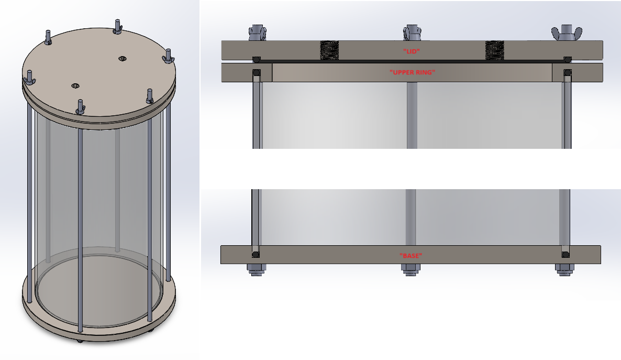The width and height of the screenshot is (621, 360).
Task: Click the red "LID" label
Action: (x=411, y=51)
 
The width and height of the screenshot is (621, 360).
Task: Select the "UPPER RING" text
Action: (x=412, y=72)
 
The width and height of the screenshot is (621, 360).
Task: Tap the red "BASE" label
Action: (x=411, y=255)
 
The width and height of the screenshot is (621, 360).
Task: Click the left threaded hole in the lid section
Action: (x=329, y=50)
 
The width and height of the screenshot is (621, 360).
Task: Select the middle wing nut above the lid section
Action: (x=411, y=32)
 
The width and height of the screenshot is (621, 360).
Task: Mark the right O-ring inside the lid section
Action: (x=567, y=59)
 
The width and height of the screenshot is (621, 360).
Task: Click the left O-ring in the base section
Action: (x=255, y=255)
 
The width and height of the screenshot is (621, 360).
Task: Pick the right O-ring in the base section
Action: (x=565, y=255)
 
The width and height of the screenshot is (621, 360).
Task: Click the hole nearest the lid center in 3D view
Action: (x=123, y=58)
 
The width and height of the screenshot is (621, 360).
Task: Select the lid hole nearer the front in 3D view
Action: (x=75, y=85)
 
